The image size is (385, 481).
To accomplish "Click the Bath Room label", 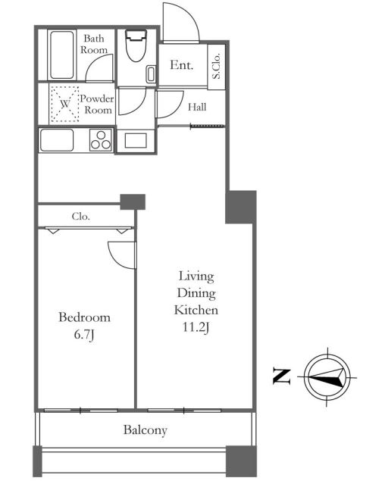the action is [94, 44].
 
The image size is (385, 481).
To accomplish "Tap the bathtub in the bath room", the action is [62, 55].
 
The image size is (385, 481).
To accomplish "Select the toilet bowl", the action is [136, 45].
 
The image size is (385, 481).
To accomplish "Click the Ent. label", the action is [181, 65].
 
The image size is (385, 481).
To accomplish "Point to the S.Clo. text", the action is [217, 66].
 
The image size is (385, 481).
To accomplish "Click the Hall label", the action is [197, 107].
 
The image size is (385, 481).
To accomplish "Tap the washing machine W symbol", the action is [64, 104].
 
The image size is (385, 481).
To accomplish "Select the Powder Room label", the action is [97, 105].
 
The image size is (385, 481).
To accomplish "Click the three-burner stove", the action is [101, 140].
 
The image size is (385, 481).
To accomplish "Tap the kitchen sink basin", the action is [57, 140].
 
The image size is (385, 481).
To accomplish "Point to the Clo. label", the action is [81, 217].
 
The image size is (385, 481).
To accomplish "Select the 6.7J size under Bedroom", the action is [84, 335].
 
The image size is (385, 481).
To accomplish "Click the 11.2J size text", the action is [196, 328].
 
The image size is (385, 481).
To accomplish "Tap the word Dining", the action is [196, 293].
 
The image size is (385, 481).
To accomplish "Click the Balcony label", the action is [146, 430].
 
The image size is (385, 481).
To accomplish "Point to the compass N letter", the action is [281, 376].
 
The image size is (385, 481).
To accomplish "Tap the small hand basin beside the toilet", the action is [151, 74].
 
